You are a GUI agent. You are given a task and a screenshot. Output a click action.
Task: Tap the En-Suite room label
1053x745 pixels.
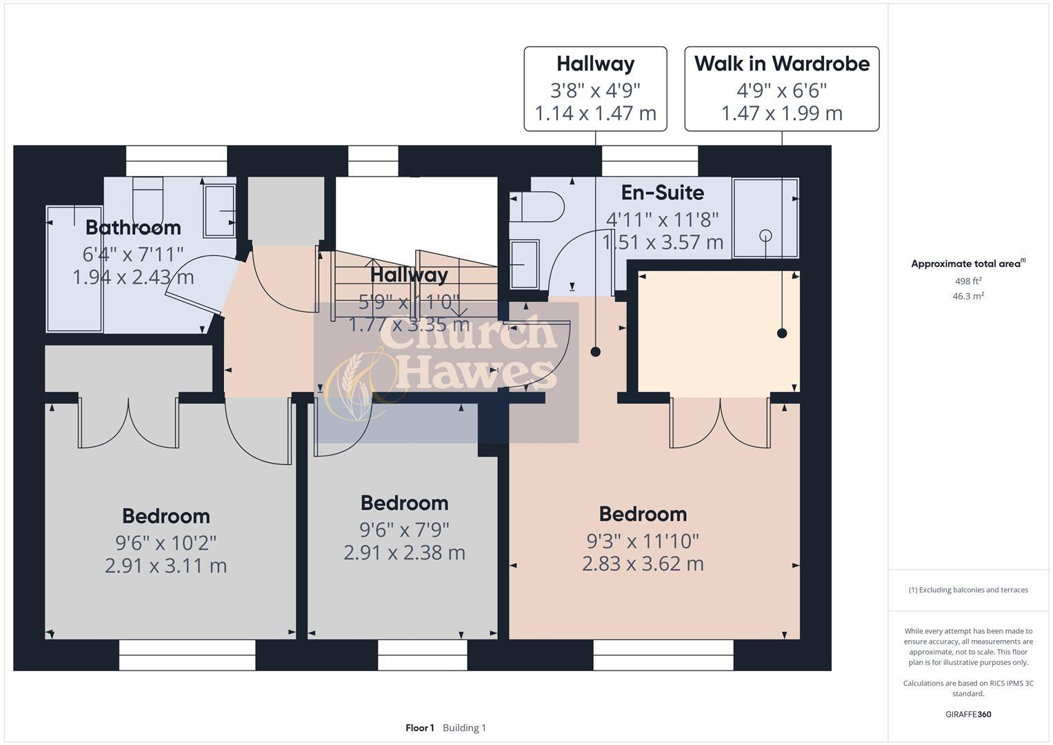click(x=662, y=192)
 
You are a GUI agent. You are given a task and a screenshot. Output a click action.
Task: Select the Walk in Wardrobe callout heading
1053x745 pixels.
click(x=781, y=63)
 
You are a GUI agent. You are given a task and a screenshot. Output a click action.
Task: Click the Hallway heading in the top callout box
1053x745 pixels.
click(x=595, y=63)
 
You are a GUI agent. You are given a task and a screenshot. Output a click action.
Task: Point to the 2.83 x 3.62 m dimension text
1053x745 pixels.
click(x=643, y=564)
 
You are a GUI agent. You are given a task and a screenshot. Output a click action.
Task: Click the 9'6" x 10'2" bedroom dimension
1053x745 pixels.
click(x=166, y=543)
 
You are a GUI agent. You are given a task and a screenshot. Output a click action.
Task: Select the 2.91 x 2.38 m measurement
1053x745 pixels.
click(x=404, y=553)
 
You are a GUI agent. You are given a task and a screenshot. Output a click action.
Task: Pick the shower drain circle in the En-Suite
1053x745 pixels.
click(x=765, y=235)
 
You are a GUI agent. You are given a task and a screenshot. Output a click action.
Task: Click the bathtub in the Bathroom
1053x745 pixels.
click(x=74, y=269)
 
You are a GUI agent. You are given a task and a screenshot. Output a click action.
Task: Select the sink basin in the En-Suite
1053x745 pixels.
click(x=525, y=264)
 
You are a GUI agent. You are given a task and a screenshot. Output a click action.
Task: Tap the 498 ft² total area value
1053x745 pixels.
click(x=967, y=281)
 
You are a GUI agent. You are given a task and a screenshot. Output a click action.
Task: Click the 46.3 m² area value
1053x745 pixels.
click(x=967, y=296)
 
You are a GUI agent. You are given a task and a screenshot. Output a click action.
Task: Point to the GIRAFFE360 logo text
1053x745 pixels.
click(x=967, y=714)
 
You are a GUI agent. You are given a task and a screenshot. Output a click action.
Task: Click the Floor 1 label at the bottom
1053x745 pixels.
click(x=419, y=728)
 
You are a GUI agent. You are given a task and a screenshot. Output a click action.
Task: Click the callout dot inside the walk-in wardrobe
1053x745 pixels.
click(x=782, y=333)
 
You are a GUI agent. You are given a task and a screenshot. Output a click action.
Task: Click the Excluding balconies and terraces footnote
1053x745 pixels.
click(x=967, y=590)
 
